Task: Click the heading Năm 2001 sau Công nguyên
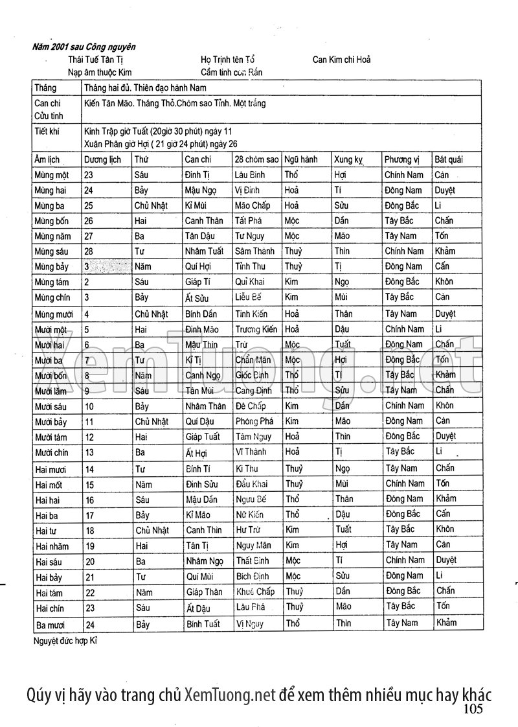click(85, 47)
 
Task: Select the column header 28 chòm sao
click(257, 159)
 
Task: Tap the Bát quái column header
click(449, 159)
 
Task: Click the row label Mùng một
click(52, 175)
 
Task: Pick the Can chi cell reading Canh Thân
click(203, 220)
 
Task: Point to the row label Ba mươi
click(51, 625)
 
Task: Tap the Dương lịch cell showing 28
click(89, 251)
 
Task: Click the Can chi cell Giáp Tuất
click(203, 437)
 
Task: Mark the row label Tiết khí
click(48, 131)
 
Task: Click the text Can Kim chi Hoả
click(341, 60)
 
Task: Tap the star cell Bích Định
click(252, 575)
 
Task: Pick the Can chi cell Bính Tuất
click(203, 624)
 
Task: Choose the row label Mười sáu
click(52, 406)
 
